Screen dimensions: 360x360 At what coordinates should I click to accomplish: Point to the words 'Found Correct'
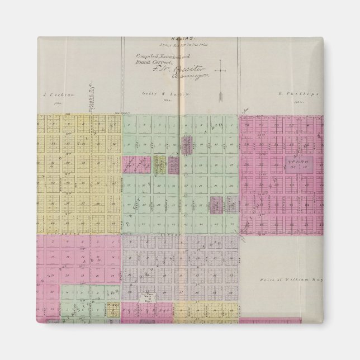(x=148, y=63)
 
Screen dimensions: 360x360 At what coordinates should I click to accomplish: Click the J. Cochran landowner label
(x=54, y=96)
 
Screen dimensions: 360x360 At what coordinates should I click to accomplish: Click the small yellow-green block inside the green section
(x=160, y=164)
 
